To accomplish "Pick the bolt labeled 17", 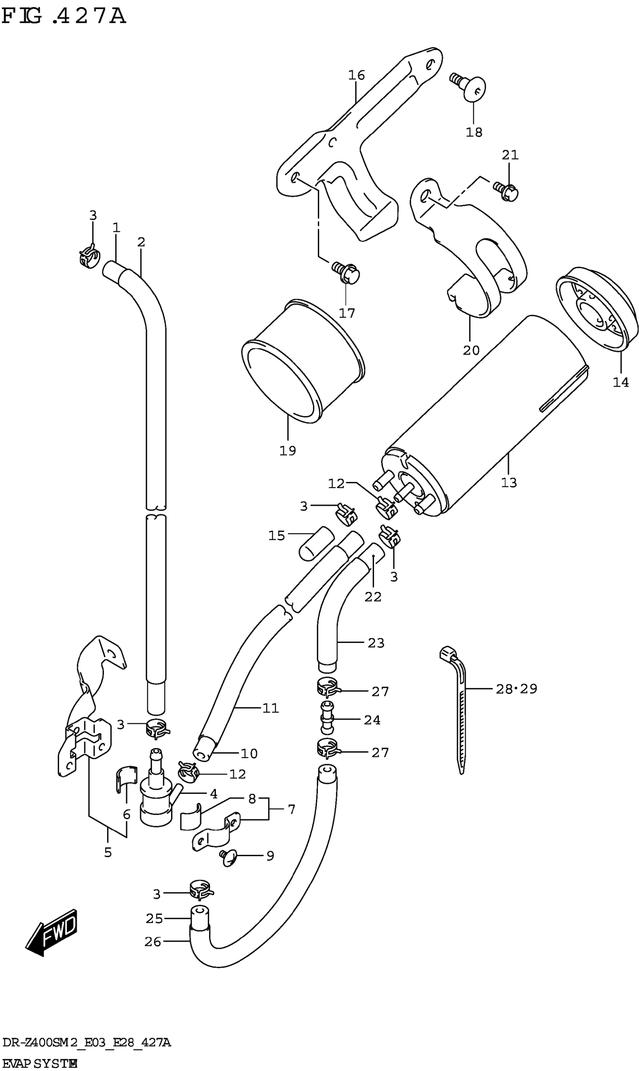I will (x=347, y=273).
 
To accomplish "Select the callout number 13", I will (x=509, y=482).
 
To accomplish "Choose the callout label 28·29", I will (x=516, y=689).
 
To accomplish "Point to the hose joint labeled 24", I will (x=327, y=719).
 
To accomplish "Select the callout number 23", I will (x=376, y=643).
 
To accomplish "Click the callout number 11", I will (x=270, y=708).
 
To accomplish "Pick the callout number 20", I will (x=471, y=350).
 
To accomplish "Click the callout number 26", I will (x=153, y=942).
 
